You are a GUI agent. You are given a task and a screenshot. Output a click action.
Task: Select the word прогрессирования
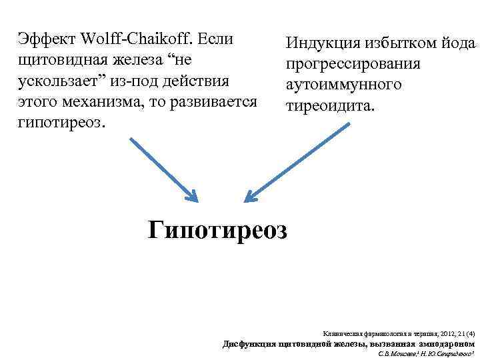point(353,65)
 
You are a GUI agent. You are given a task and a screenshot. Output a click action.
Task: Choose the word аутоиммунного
point(343,85)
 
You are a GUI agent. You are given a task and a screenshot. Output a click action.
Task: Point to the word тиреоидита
point(329,107)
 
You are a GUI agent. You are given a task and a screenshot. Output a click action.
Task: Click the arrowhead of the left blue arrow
point(192,196)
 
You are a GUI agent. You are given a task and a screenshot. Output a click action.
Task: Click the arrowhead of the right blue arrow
point(250,195)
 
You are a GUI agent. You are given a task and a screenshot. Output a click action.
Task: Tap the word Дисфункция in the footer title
point(244,343)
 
